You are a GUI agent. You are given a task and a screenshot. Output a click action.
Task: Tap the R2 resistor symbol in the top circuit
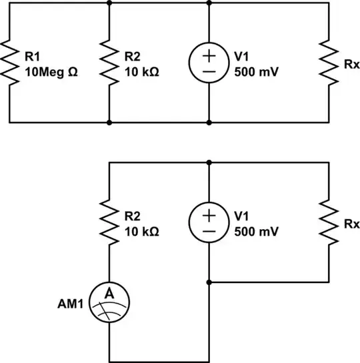[x=109, y=63]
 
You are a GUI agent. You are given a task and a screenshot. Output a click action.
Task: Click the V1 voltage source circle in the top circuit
[x=209, y=63]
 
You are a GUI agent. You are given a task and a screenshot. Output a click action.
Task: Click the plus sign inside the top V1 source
[x=209, y=55]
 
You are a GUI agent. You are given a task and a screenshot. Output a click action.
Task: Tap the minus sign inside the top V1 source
[x=209, y=71]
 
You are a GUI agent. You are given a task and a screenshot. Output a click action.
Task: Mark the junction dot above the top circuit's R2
[x=109, y=3]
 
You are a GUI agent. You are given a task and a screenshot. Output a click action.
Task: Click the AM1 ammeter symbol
[x=109, y=302]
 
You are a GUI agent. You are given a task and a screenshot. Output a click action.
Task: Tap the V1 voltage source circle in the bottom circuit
[x=209, y=222]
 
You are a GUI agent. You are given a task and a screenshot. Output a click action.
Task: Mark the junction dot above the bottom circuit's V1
[x=209, y=162]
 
